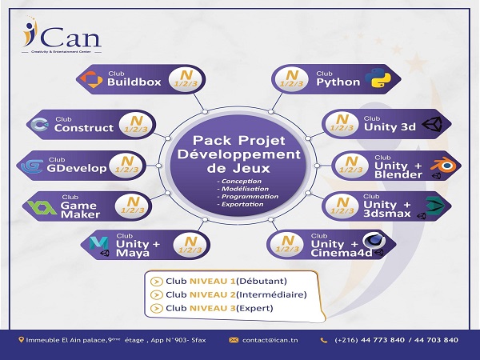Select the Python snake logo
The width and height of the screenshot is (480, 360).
click(x=377, y=79)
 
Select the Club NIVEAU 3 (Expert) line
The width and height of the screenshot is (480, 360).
click(x=225, y=308)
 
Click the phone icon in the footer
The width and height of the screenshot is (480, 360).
click(x=324, y=340)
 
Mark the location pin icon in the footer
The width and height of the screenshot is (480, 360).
click(x=22, y=340)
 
